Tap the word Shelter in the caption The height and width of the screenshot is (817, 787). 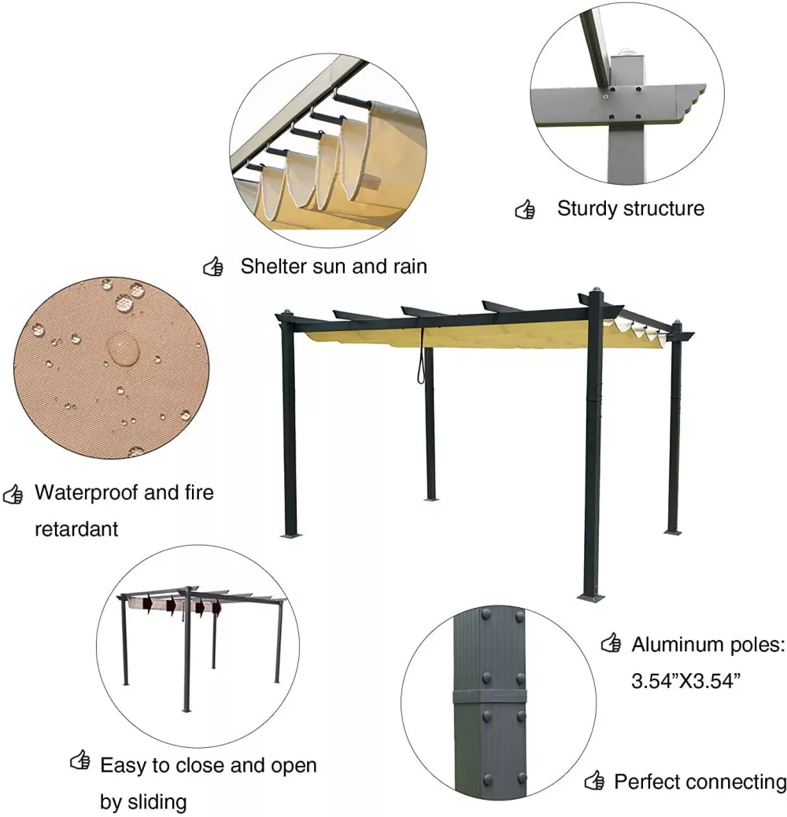(x=273, y=267)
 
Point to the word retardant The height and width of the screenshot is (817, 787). (x=76, y=529)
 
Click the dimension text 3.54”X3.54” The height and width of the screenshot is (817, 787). (x=685, y=681)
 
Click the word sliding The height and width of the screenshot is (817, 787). (x=157, y=802)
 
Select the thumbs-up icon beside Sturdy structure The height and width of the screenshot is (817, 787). (x=525, y=209)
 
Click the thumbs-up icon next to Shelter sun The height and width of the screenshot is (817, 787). (x=212, y=267)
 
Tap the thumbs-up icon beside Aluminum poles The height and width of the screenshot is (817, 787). (x=611, y=643)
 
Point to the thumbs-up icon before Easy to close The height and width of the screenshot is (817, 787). (x=79, y=760)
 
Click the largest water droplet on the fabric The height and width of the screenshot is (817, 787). (x=123, y=348)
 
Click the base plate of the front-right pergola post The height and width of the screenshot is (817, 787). (x=591, y=597)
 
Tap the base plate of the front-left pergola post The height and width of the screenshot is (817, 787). (x=291, y=535)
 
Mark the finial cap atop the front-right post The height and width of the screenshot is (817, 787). (x=596, y=289)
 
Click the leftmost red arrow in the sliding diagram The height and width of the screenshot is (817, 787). (x=148, y=605)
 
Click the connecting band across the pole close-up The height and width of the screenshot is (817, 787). (x=489, y=697)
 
